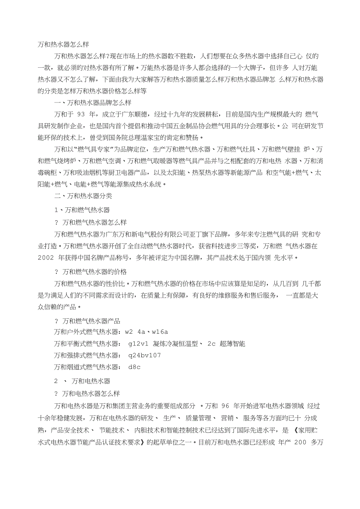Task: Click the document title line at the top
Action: coord(65,44)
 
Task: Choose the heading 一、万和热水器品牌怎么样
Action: coord(92,103)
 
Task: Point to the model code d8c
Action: coord(134,367)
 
